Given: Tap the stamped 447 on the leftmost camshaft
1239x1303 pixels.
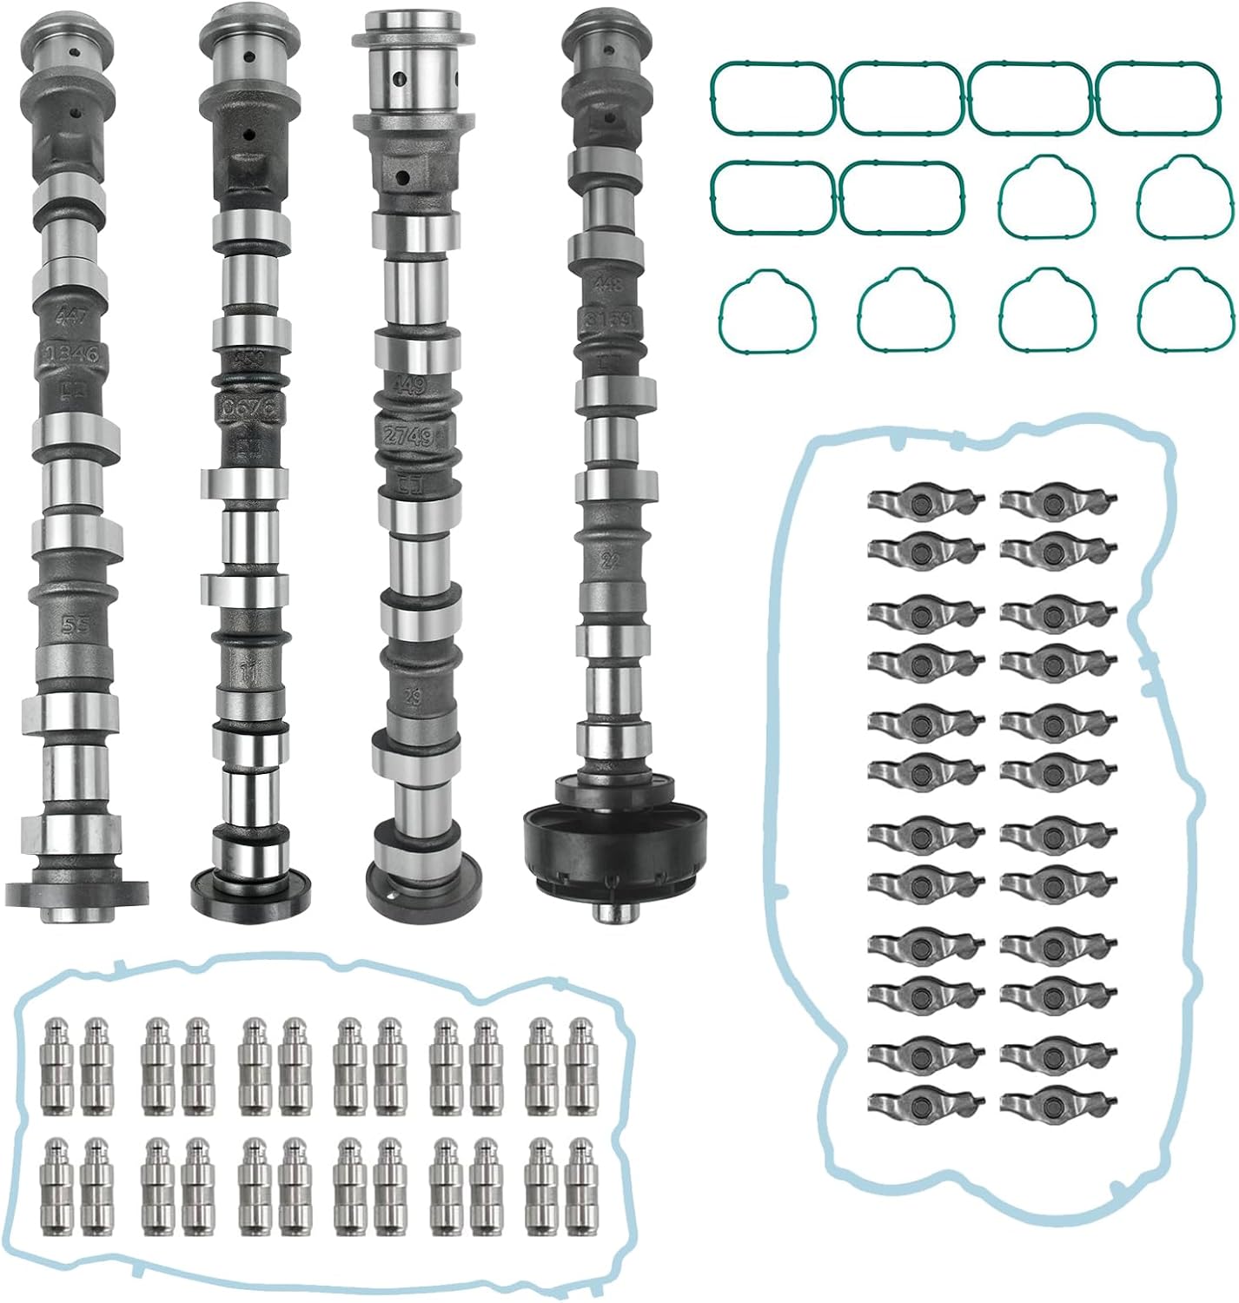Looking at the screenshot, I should tap(71, 317).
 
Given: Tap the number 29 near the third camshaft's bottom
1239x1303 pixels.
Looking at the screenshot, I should tap(414, 698).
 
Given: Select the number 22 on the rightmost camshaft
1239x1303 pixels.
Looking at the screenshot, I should tap(613, 561).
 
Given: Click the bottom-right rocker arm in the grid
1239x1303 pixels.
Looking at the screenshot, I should tap(1057, 1101).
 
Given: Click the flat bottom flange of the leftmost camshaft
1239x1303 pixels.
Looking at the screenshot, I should tap(76, 892).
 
